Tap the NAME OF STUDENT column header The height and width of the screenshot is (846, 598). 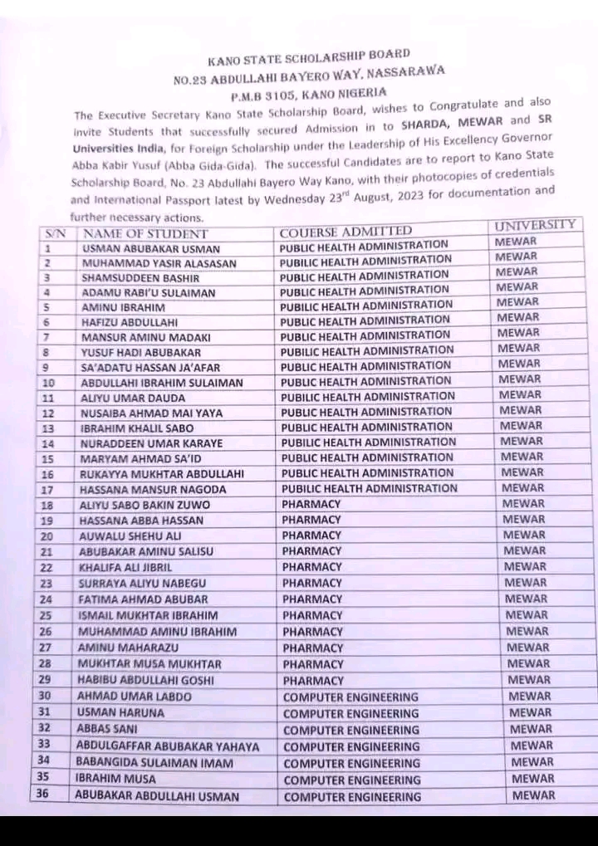(x=146, y=233)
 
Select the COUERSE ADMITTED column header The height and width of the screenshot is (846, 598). (x=346, y=230)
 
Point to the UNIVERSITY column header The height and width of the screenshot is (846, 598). (x=535, y=225)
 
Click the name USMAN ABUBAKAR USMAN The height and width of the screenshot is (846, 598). (x=150, y=248)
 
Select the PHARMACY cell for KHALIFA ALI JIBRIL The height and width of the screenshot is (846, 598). (x=311, y=567)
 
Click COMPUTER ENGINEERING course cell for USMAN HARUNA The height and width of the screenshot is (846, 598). (x=351, y=713)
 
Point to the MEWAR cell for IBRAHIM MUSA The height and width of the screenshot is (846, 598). (x=532, y=779)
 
